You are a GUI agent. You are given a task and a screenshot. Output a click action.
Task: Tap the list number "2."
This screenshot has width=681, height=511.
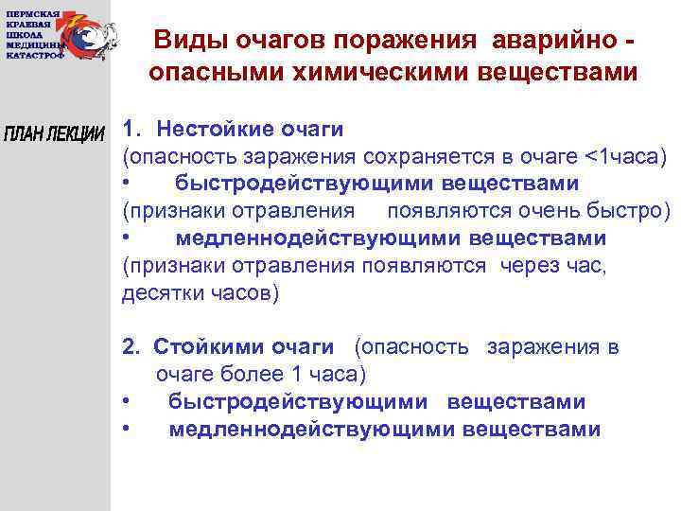(x=131, y=347)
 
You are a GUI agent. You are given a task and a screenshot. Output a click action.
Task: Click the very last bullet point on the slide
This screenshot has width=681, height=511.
(x=127, y=430)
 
